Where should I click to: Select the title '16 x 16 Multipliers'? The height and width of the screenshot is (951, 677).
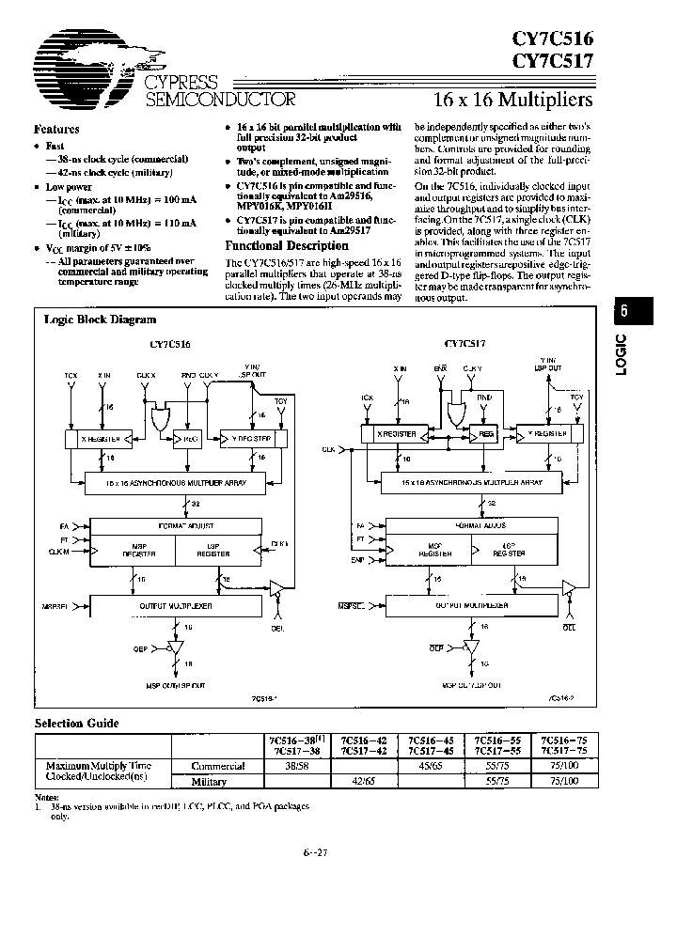click(x=512, y=99)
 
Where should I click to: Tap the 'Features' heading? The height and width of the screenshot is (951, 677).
click(x=56, y=129)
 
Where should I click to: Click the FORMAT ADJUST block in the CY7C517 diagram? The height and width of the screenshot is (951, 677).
click(x=474, y=526)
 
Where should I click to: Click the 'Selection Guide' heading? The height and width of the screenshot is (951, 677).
click(x=77, y=724)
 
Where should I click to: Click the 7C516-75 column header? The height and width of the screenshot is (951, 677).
click(x=561, y=741)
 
